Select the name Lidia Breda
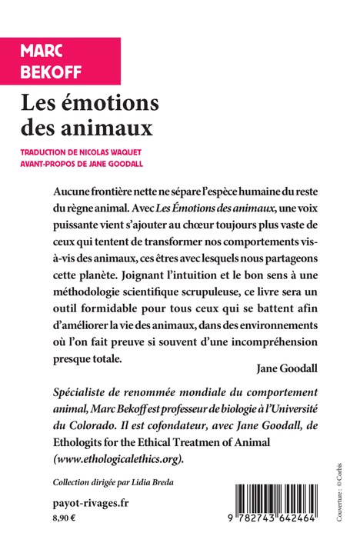point(157,483)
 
